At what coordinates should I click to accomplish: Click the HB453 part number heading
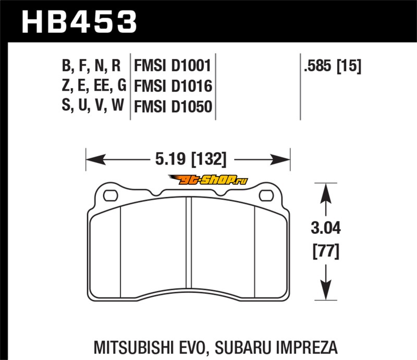(79, 22)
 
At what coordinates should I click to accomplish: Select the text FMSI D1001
(173, 66)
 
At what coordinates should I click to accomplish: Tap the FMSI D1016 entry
(173, 86)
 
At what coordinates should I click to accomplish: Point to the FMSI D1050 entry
(173, 106)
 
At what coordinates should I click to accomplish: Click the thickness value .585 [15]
(333, 66)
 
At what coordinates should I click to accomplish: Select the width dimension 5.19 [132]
(191, 159)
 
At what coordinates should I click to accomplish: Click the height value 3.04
(326, 228)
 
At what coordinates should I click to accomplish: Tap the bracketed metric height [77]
(326, 251)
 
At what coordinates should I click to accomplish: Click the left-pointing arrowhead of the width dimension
(96, 159)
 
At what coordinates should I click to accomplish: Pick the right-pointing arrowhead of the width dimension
(280, 159)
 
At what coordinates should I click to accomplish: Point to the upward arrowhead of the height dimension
(326, 193)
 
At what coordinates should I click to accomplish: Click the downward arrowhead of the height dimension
(326, 290)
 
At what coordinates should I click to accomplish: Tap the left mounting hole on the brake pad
(111, 196)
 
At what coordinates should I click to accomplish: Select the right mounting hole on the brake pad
(266, 196)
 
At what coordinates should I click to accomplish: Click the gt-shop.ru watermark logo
(208, 180)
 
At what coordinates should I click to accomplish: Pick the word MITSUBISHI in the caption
(130, 347)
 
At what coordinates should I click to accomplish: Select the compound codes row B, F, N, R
(91, 66)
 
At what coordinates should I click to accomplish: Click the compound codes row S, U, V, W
(93, 105)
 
